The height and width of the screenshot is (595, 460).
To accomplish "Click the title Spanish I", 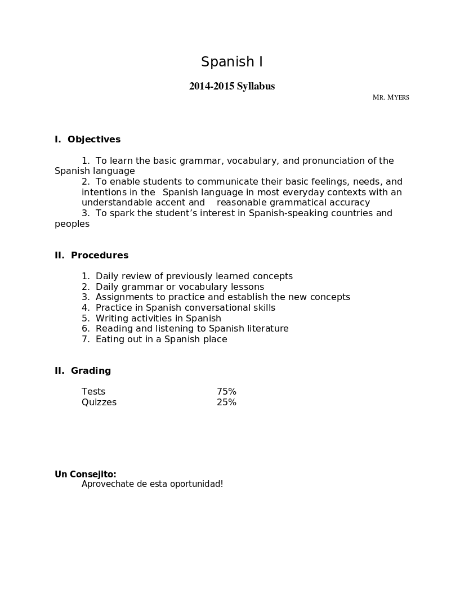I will click(x=232, y=62).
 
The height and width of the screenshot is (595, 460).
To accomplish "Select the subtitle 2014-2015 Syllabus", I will click(x=232, y=86).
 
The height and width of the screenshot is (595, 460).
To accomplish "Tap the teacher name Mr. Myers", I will click(x=391, y=97).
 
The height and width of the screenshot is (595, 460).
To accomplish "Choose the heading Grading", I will click(x=91, y=371).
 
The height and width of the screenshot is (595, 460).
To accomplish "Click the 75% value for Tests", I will click(x=226, y=392).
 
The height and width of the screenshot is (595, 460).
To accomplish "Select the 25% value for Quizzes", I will click(x=226, y=402).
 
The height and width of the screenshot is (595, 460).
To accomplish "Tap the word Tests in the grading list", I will click(x=93, y=392).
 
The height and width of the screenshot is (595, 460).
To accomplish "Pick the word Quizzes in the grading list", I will click(x=99, y=402).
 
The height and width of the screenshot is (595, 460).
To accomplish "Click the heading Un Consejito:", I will click(x=86, y=475).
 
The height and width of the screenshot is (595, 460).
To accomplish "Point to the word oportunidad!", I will click(x=196, y=484).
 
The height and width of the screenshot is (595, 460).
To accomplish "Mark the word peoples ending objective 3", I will click(x=72, y=224).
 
